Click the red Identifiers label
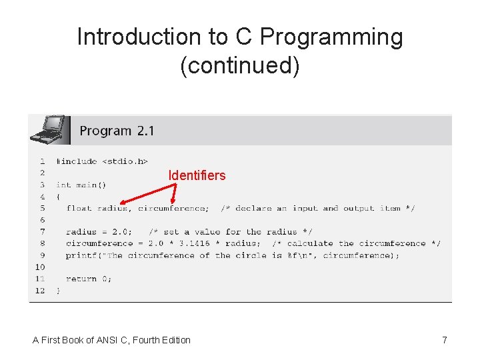[197, 175]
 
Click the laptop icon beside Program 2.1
[49, 130]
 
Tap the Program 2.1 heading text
[117, 131]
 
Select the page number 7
[445, 340]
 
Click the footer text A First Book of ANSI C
[111, 340]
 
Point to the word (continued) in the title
[240, 65]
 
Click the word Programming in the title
[331, 37]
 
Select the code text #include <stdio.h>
[102, 161]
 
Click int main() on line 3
[81, 185]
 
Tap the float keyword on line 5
[79, 208]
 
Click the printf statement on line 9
[233, 255]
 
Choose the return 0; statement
[89, 279]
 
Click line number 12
[40, 291]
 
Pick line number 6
[42, 220]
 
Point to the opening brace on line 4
[58, 197]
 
